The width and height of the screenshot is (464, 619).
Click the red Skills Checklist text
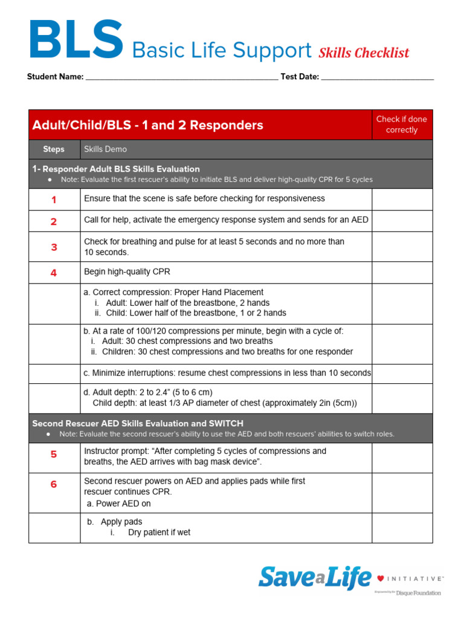click(364, 53)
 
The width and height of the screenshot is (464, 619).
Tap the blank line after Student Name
click(181, 77)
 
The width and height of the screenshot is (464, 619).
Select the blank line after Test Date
click(377, 77)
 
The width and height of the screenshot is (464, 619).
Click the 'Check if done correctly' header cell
click(401, 125)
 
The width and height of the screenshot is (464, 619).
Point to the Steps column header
click(54, 149)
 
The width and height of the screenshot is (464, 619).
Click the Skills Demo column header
click(105, 149)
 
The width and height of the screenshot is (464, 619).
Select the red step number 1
click(54, 199)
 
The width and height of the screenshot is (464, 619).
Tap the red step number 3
click(54, 247)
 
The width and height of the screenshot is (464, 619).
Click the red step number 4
click(54, 273)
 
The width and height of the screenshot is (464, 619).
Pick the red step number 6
click(54, 484)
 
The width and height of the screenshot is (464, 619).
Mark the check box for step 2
click(402, 221)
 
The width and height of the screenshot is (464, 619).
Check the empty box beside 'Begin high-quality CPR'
click(402, 273)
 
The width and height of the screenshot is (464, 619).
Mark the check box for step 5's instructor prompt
click(402, 458)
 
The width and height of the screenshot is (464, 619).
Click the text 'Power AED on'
click(123, 504)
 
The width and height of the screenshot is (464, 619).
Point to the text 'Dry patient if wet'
click(159, 533)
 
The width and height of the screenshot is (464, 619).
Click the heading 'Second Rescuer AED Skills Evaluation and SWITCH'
click(138, 423)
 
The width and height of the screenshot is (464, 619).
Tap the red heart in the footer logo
click(381, 578)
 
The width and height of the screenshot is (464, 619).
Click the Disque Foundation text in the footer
click(418, 593)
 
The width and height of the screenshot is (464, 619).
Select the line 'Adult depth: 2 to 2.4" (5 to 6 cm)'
click(148, 392)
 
